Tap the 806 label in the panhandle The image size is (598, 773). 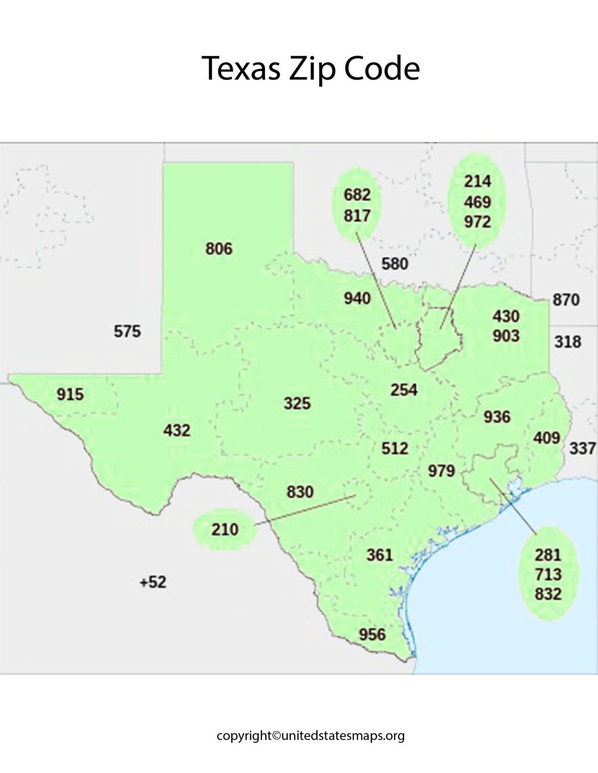coord(219,249)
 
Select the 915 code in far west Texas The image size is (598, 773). coord(70,395)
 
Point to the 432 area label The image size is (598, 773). coord(176,430)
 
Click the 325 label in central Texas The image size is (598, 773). coord(297,403)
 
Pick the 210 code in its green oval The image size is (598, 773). coord(225,529)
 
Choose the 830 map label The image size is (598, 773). coord(300,492)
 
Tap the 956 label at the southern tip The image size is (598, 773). coord(372,635)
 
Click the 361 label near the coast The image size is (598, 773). coord(379,555)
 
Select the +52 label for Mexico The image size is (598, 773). coord(153,582)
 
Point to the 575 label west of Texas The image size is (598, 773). coord(127,332)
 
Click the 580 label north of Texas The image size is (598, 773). coord(394,264)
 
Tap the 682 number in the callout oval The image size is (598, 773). coord(357,195)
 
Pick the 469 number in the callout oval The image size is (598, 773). coord(477,202)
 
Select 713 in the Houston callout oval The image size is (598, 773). coord(548,575)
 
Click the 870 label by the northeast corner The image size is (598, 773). coord(566,300)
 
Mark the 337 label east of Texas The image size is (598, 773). coord(582,448)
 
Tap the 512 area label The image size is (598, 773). coord(394,448)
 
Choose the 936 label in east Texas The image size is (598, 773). coord(497,417)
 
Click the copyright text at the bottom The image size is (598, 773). coord(310,736)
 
